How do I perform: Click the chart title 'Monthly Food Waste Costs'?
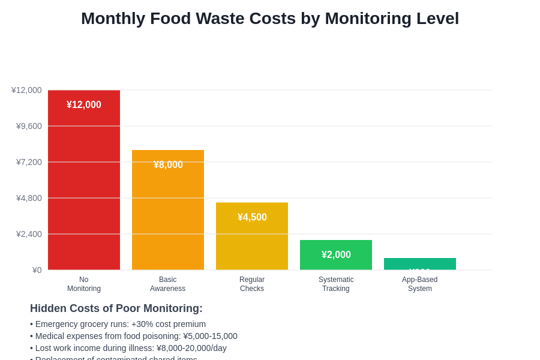click(x=270, y=19)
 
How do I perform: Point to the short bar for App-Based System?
click(x=420, y=263)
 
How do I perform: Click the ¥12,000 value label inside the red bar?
click(x=84, y=105)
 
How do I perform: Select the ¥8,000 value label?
click(x=168, y=165)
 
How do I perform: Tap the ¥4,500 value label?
click(x=252, y=217)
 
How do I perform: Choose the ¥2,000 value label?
click(x=336, y=255)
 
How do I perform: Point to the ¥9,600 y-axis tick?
click(x=29, y=126)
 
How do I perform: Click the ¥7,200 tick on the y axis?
click(x=29, y=162)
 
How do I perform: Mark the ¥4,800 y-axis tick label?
click(x=29, y=198)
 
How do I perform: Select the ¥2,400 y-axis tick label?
click(x=29, y=234)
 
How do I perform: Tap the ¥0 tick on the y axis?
click(x=37, y=270)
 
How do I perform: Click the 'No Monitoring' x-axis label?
click(x=84, y=284)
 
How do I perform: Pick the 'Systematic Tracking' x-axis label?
click(x=336, y=284)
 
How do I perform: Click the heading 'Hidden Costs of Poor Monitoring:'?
click(x=116, y=308)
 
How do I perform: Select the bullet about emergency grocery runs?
click(x=118, y=324)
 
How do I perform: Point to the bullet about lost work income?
click(x=128, y=348)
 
